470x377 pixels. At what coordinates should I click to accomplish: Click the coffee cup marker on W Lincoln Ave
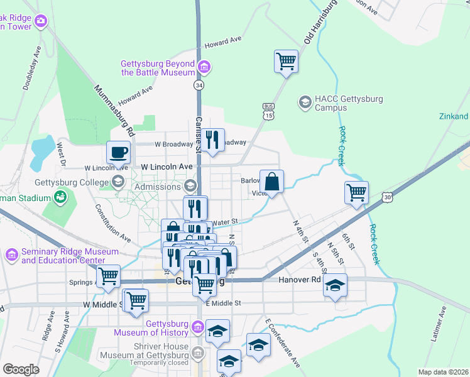tap(118, 152)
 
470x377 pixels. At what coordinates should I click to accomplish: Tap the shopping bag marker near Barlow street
tap(271, 182)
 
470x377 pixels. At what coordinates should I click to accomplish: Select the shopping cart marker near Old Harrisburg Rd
tap(286, 62)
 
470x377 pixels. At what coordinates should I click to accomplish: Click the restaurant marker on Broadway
tap(212, 139)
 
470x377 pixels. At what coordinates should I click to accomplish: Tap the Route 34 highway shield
tap(199, 84)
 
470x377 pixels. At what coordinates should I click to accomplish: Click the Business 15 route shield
tap(268, 111)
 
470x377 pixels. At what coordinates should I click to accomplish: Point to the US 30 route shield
tap(388, 197)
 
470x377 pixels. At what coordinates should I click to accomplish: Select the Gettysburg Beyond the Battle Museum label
tap(158, 67)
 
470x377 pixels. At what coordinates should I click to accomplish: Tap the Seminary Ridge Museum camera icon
tap(11, 255)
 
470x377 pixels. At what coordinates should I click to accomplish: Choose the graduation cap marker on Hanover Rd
tap(335, 285)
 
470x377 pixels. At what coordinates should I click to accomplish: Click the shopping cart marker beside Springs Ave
tap(109, 276)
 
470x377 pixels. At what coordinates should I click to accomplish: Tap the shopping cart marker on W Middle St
tap(136, 300)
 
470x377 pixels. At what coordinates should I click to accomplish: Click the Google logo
tap(21, 369)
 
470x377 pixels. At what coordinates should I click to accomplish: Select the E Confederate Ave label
tap(283, 344)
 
